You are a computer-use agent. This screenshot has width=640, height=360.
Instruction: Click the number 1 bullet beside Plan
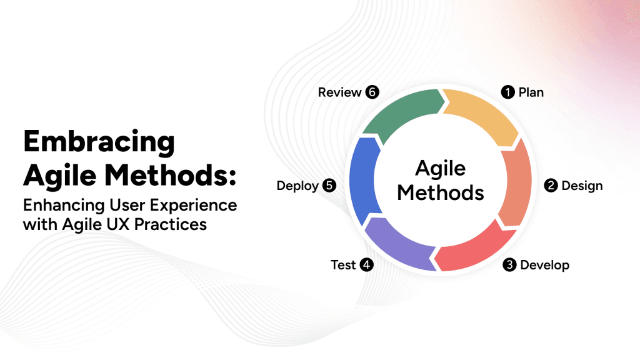(508, 92)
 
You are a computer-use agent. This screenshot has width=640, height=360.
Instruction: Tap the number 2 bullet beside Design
(551, 186)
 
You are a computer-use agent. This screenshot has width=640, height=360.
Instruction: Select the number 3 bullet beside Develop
(509, 265)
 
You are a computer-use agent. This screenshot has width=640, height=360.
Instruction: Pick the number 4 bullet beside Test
(367, 265)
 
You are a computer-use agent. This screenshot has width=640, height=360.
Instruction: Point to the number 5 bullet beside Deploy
(329, 186)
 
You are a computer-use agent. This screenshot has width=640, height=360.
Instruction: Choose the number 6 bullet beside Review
(372, 92)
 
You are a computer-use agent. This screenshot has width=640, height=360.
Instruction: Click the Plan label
(531, 92)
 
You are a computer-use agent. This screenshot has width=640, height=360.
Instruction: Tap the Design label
(582, 186)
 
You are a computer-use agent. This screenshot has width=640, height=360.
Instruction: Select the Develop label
(544, 265)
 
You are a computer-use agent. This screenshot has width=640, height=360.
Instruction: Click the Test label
(343, 265)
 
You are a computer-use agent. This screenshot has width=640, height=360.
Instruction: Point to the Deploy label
(297, 186)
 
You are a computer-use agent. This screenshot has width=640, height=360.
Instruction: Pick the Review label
(339, 92)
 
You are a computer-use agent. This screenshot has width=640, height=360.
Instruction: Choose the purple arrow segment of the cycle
(400, 246)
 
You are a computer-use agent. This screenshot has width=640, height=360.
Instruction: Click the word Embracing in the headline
(99, 142)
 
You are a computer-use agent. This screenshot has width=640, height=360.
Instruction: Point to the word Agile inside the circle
(441, 168)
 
